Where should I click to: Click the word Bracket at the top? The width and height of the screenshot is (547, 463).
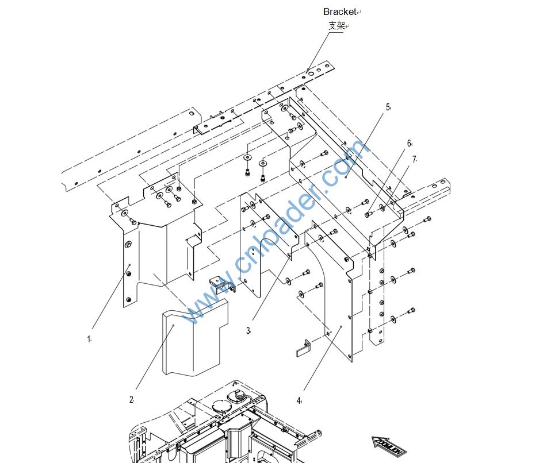339,11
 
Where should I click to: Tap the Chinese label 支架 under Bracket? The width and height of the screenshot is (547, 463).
336,25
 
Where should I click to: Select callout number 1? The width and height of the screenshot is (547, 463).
89,339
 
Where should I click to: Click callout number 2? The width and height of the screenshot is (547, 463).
131,399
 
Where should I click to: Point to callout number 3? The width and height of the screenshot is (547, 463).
248,330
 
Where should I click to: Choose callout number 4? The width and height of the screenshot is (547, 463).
299,400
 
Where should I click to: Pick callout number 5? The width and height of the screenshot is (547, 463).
388,107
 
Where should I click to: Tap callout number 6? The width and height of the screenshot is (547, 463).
409,144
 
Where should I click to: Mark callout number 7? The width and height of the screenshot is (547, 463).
414,159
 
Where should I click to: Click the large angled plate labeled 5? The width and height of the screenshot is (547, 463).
345,172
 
